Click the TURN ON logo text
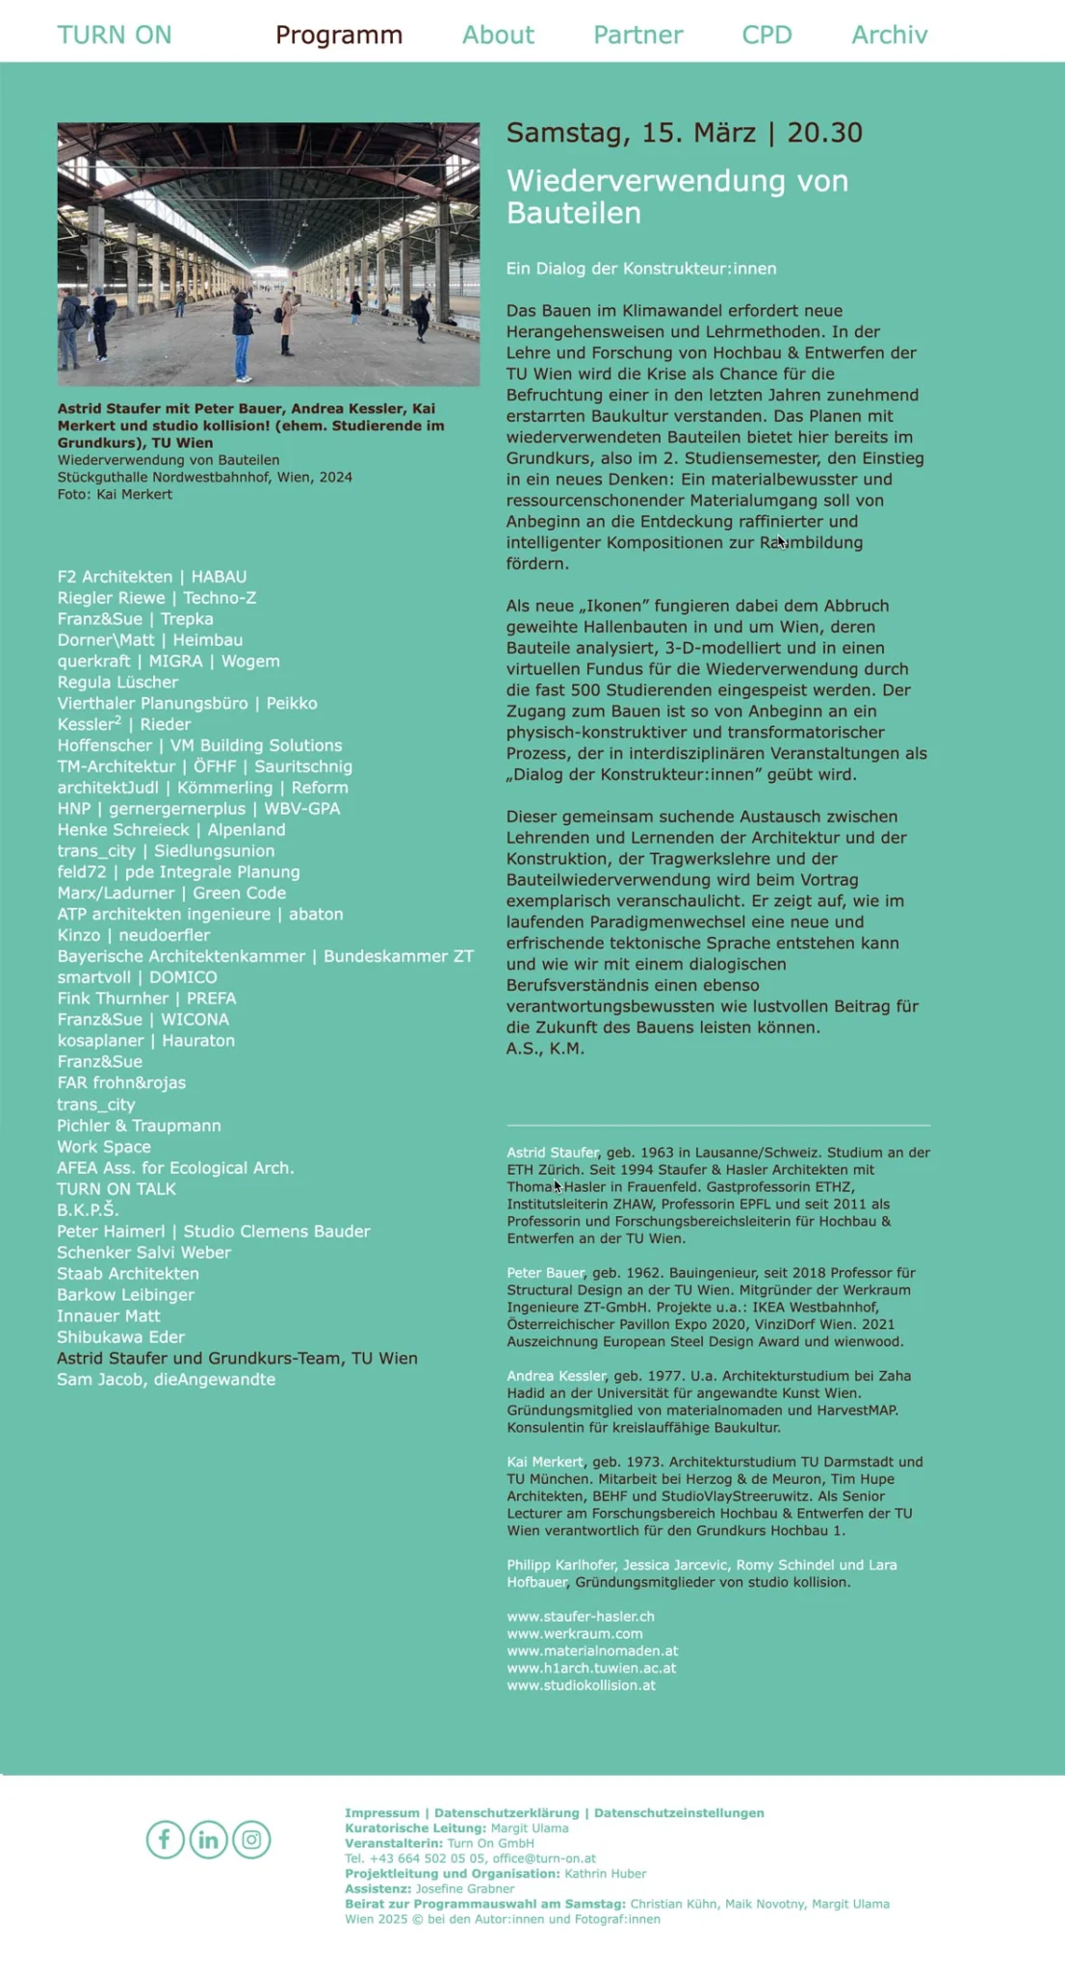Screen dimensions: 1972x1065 (x=114, y=36)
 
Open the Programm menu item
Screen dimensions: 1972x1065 (x=339, y=36)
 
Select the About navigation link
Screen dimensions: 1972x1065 (x=498, y=36)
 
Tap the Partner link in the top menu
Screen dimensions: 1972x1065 (x=637, y=36)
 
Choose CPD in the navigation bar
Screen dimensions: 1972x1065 (x=766, y=36)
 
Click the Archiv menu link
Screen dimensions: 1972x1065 (x=889, y=36)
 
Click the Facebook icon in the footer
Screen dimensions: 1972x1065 (x=165, y=1839)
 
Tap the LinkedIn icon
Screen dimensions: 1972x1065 (x=208, y=1839)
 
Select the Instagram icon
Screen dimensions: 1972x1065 (x=251, y=1839)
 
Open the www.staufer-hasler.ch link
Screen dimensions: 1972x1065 (x=581, y=1616)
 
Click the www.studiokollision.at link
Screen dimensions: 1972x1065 (x=581, y=1685)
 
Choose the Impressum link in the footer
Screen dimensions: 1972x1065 (x=381, y=1812)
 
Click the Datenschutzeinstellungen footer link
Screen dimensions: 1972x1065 (x=679, y=1812)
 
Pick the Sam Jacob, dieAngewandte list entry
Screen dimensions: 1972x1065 (x=166, y=1379)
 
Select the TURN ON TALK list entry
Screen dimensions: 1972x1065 (x=117, y=1188)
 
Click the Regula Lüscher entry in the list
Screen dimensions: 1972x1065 (x=117, y=682)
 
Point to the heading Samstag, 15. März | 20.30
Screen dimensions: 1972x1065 (x=684, y=133)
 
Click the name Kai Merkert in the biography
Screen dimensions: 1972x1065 (x=545, y=1462)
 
